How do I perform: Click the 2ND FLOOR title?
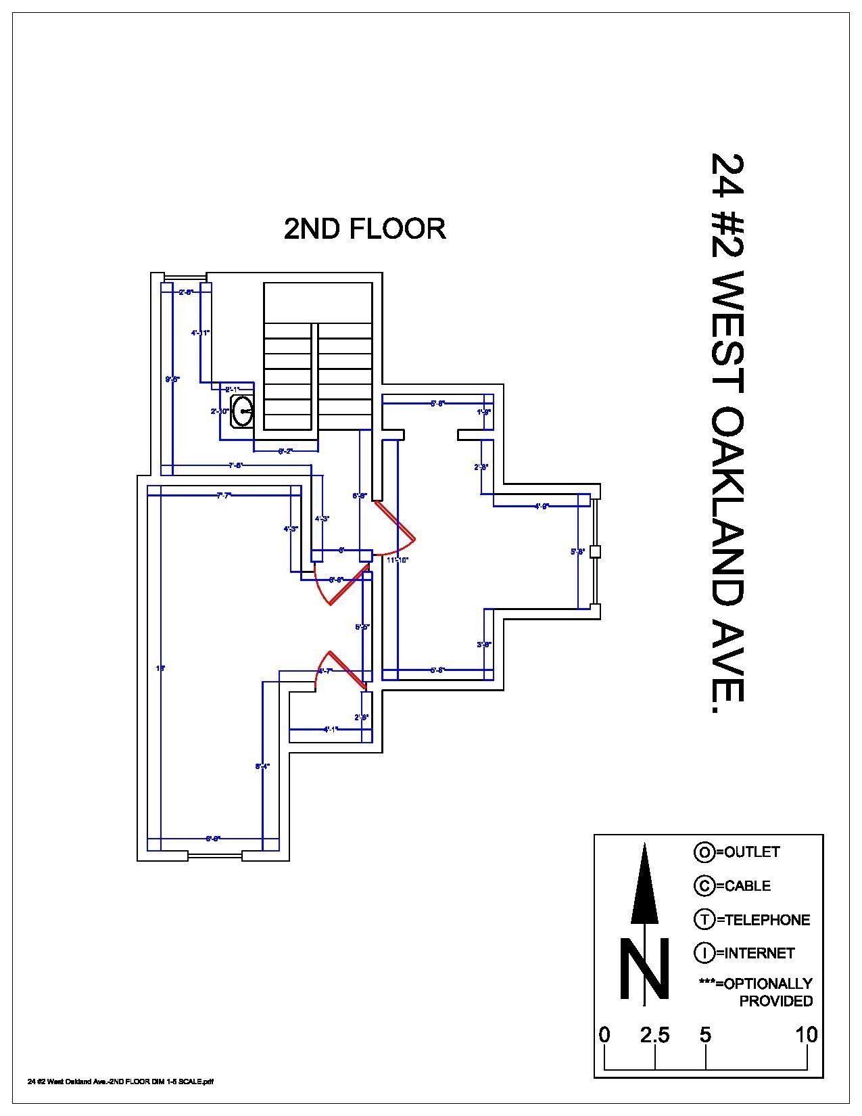pyautogui.click(x=364, y=229)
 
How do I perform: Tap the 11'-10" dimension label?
pyautogui.click(x=397, y=560)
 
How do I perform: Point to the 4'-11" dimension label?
pyautogui.click(x=200, y=333)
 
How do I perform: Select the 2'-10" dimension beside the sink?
pyautogui.click(x=220, y=411)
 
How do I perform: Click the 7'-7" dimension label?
pyautogui.click(x=224, y=496)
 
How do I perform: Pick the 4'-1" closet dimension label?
pyautogui.click(x=331, y=729)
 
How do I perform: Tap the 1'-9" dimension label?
pyautogui.click(x=483, y=411)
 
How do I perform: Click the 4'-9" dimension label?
pyautogui.click(x=542, y=506)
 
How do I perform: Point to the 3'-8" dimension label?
pyautogui.click(x=483, y=645)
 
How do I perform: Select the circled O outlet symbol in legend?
pyautogui.click(x=704, y=852)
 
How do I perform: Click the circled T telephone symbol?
pyautogui.click(x=704, y=919)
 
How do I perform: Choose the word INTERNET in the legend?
pyautogui.click(x=759, y=953)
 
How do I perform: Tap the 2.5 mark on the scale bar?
pyautogui.click(x=654, y=1036)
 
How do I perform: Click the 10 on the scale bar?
pyautogui.click(x=807, y=1036)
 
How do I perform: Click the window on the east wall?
pyautogui.click(x=595, y=551)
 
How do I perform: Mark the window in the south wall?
pyautogui.click(x=215, y=856)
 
